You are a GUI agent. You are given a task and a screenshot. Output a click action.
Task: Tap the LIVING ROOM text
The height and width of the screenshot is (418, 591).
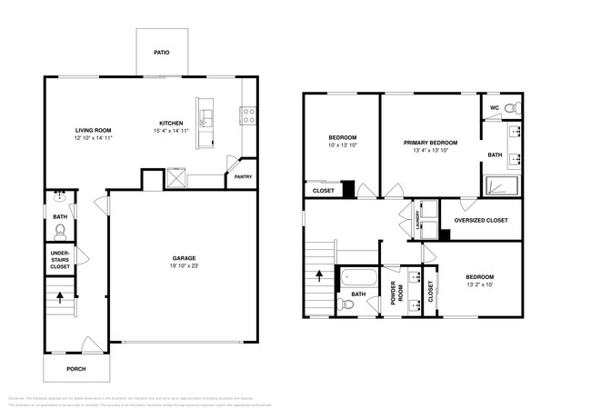pyautogui.click(x=93, y=130)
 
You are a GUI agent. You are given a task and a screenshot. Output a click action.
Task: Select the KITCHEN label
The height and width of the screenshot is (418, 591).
pyautogui.click(x=171, y=124)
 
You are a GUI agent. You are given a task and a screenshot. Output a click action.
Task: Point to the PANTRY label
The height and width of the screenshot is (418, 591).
pyautogui.click(x=243, y=177)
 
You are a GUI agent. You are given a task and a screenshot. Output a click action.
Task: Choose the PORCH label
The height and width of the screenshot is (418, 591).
pyautogui.click(x=75, y=369)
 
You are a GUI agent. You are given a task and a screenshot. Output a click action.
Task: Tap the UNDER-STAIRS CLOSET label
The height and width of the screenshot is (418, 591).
pyautogui.click(x=59, y=260)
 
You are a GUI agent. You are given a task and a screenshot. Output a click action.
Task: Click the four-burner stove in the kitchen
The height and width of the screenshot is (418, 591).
pyautogui.click(x=246, y=115)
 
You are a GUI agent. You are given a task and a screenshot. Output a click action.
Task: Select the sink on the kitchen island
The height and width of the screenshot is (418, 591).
pyautogui.click(x=206, y=116)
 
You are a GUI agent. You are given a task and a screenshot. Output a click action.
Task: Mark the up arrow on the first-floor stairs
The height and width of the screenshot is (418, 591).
pyautogui.click(x=60, y=296)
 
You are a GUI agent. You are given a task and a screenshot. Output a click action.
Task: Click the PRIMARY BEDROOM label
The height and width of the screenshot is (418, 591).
pyautogui.click(x=431, y=143)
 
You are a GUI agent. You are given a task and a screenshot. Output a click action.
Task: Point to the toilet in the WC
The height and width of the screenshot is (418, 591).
pyautogui.click(x=512, y=107)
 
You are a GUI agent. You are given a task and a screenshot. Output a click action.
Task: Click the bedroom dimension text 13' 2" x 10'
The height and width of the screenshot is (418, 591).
pyautogui.click(x=479, y=284)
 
